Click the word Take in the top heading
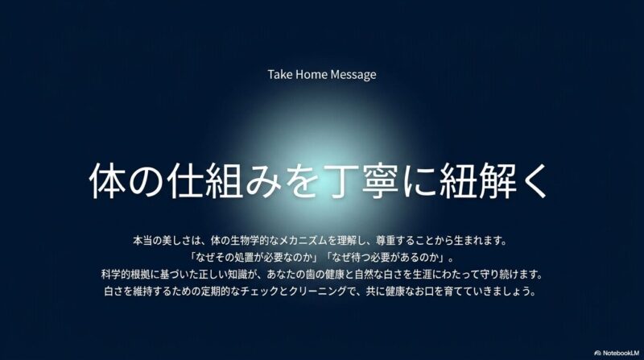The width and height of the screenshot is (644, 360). [x=279, y=74]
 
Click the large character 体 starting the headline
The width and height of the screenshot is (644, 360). [x=108, y=181]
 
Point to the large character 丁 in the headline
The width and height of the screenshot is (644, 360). [x=341, y=181]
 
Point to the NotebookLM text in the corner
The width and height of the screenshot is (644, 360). [x=621, y=353]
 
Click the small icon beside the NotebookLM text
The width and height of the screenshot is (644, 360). [x=597, y=353]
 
